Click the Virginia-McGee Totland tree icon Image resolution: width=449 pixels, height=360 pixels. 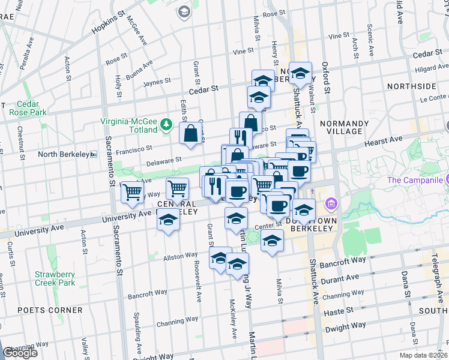tap(166, 125)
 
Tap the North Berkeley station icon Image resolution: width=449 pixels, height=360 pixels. tap(93, 154)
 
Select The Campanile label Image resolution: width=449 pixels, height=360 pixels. tap(414, 180)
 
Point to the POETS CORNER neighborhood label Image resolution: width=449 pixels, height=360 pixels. tap(50, 310)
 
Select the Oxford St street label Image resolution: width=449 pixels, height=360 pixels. tap(325, 77)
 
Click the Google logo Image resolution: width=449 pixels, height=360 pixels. tap(20, 353)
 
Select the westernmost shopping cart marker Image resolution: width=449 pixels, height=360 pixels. tap(132, 193)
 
